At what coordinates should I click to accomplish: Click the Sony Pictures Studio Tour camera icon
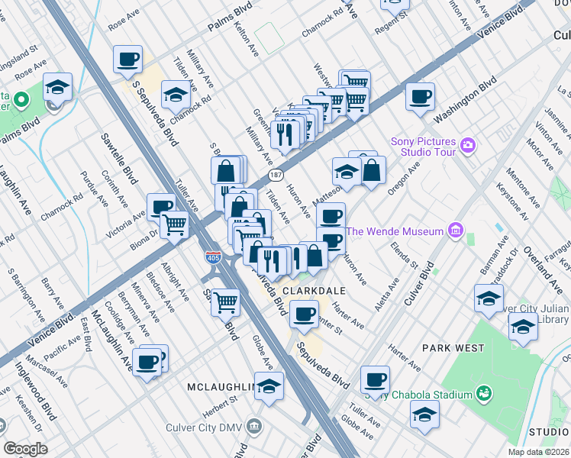[x=469, y=145]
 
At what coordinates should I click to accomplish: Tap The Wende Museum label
[x=394, y=231]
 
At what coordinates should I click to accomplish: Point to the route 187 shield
[x=276, y=176]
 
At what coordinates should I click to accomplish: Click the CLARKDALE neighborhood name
[x=315, y=291]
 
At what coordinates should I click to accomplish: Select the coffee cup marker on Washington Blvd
[x=420, y=97]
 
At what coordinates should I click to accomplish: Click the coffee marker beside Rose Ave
[x=127, y=59]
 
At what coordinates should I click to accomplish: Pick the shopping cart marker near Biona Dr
[x=175, y=225]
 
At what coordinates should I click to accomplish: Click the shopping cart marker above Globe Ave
[x=226, y=302]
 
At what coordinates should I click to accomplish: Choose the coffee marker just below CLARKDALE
[x=305, y=314]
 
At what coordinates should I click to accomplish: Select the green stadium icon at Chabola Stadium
[x=482, y=394]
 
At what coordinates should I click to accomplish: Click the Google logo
[x=25, y=449]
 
